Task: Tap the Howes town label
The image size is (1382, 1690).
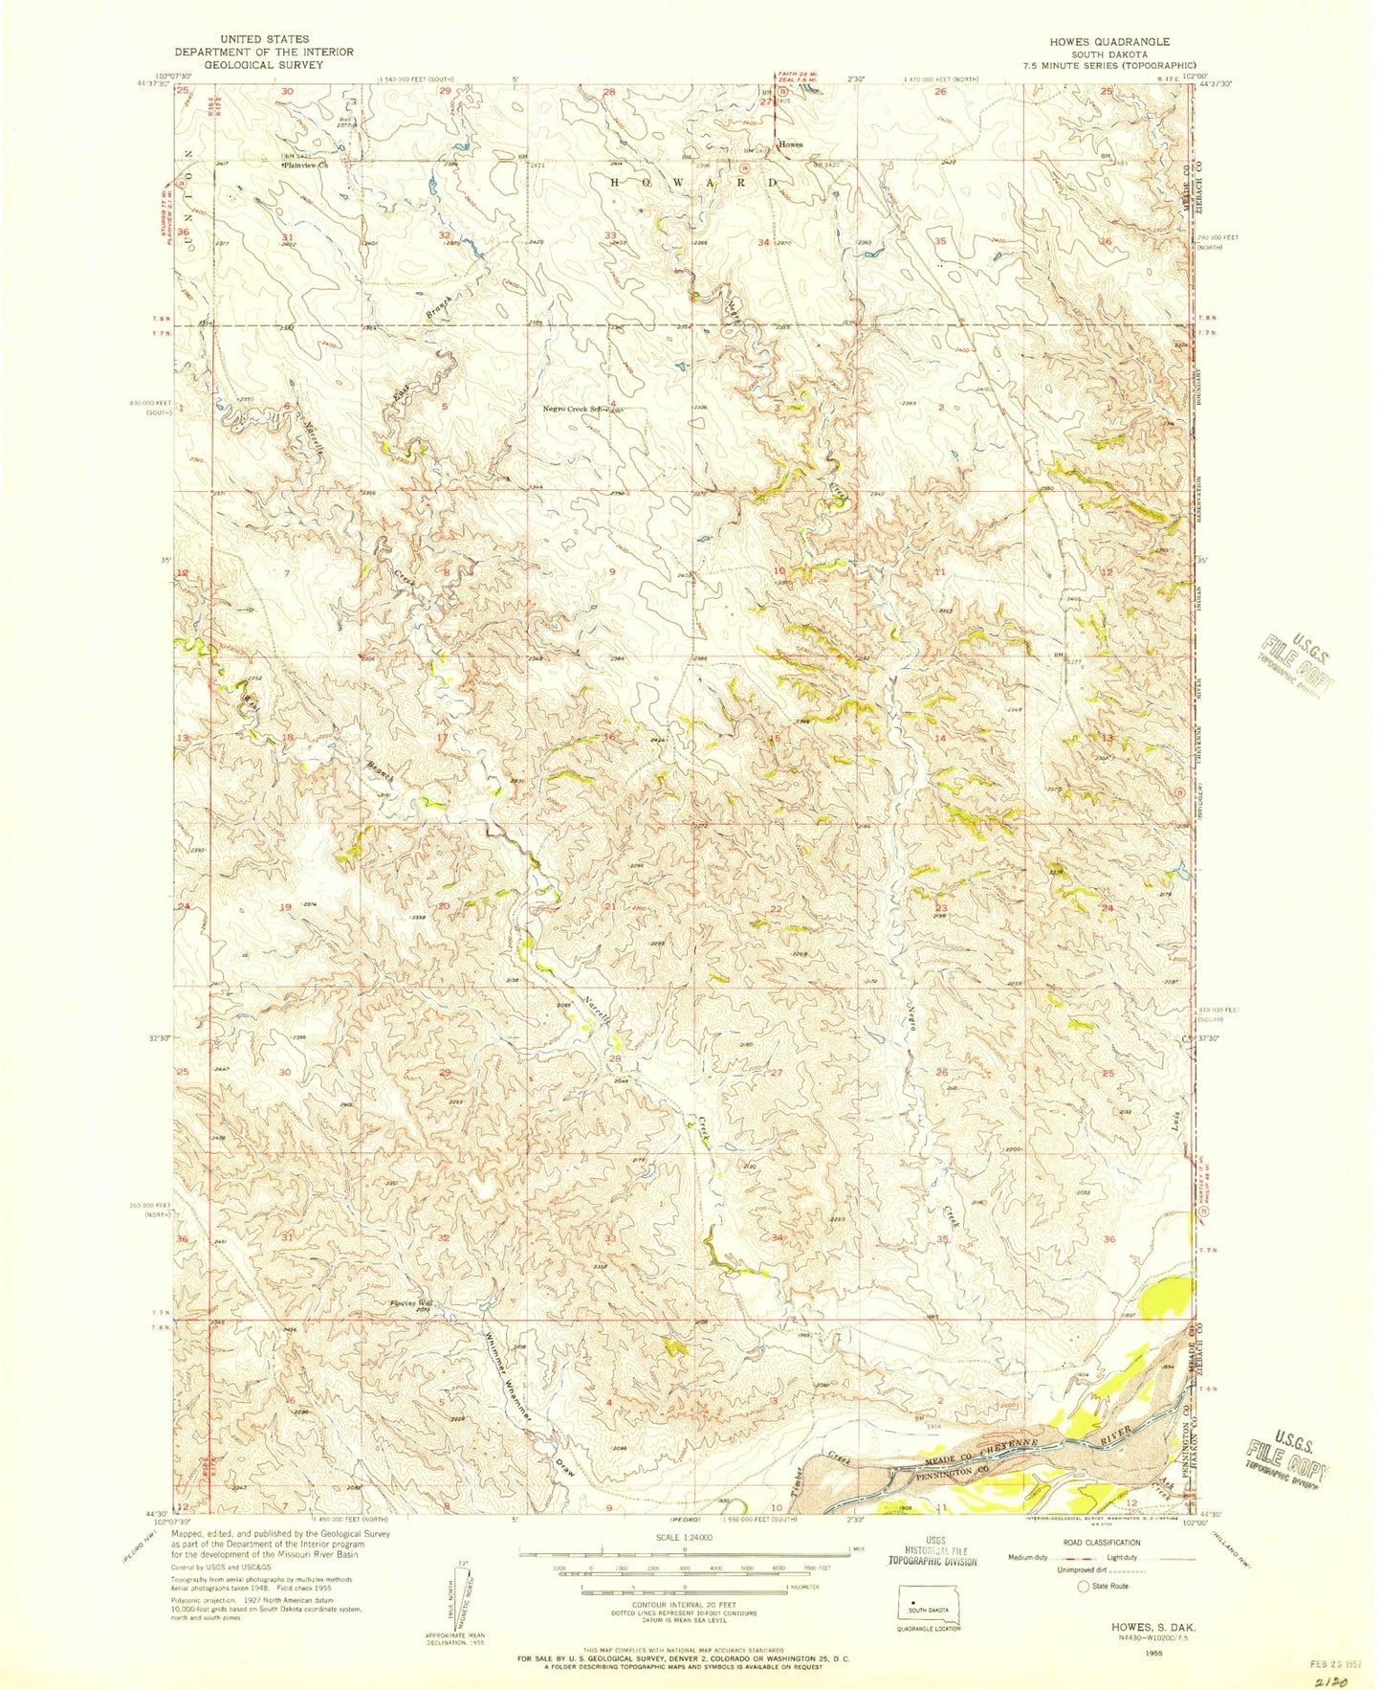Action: (790, 145)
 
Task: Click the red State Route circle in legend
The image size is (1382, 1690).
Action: (1084, 1587)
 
